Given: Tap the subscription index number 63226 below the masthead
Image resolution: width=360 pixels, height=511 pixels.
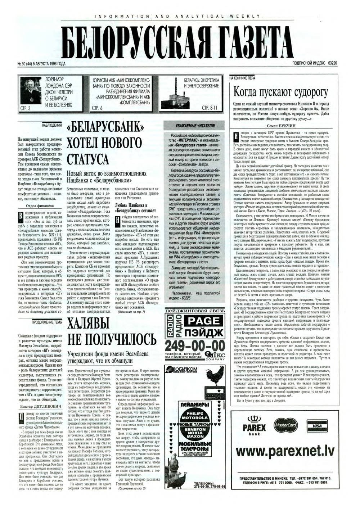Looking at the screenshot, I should click(x=332, y=63).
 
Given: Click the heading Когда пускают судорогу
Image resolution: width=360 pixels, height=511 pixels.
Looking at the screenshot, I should click(x=281, y=92).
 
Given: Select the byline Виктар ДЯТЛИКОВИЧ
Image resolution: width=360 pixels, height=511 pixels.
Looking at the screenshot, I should click(x=40, y=406).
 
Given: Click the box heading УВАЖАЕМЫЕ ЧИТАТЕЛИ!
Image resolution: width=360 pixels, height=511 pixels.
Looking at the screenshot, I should click(x=195, y=125).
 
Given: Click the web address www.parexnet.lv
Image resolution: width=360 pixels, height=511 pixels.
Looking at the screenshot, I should click(x=285, y=451).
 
